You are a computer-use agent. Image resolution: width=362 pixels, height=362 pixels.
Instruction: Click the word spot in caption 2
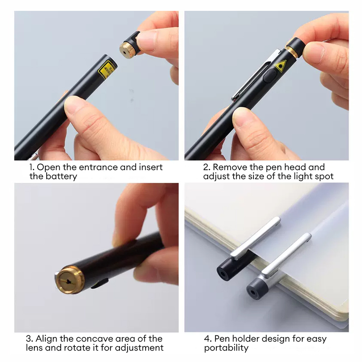(324, 176)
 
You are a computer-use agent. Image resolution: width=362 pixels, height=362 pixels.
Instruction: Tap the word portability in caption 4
(226, 348)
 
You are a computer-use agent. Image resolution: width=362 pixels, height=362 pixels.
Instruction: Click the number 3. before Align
(29, 338)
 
